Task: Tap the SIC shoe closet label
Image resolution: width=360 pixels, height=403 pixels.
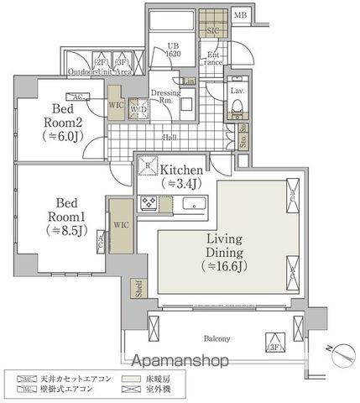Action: (x=211, y=31)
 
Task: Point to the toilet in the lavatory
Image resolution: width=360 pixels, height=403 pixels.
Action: (x=237, y=107)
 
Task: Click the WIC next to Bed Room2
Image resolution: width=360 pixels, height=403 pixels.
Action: (x=116, y=105)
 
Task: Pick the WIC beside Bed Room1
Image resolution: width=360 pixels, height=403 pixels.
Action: (x=120, y=224)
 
